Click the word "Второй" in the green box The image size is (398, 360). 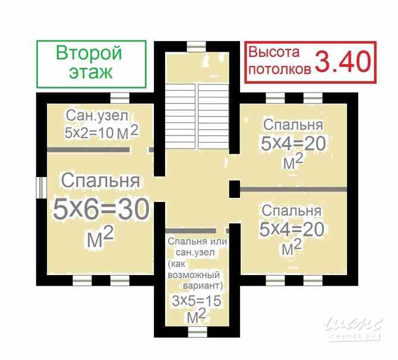coord(89,53)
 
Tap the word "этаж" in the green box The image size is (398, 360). coord(89,73)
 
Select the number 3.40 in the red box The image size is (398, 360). coord(342,62)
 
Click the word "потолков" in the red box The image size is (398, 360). coord(279,69)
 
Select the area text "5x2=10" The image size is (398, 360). coord(89,132)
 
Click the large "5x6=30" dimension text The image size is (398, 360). coord(100,209)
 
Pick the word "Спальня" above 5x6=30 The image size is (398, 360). coord(100,180)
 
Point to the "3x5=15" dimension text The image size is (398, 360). coord(196,301)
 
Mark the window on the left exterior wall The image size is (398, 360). coord(40,187)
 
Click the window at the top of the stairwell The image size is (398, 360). coord(196,45)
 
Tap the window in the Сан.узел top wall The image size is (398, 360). coord(119,97)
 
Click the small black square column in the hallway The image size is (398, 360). coord(234,190)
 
